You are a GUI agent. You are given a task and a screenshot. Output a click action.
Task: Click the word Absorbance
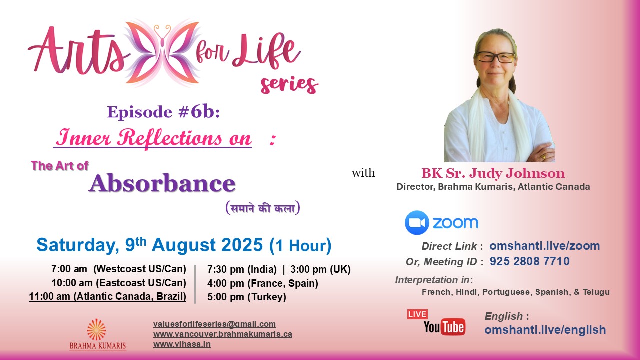pos(162,183)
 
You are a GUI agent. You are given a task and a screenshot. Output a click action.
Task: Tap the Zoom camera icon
pos(417,223)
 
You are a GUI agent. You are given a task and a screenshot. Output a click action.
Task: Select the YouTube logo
pos(444,327)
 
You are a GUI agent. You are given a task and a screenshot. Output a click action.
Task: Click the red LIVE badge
pos(417,314)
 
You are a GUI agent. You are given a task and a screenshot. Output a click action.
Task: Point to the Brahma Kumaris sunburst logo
pos(97,330)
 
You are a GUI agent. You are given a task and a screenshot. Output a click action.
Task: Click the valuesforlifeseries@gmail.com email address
pos(214,324)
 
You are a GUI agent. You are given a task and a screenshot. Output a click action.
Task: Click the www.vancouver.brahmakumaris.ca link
pos(222,334)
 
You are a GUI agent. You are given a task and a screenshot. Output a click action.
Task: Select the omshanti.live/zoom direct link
pos(544,246)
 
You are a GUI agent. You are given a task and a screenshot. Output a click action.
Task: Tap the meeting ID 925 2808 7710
pos(529,261)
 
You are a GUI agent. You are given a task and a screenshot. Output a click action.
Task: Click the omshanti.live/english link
pos(545,330)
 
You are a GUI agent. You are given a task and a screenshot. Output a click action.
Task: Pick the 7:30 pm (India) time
pos(242,269)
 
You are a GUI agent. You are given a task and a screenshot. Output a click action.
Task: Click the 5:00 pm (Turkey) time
pos(247,297)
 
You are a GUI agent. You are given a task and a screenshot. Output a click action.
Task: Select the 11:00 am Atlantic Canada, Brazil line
pos(107,296)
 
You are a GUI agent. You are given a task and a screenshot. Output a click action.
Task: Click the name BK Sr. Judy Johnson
pos(493,174)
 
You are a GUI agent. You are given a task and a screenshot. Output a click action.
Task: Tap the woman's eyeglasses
pos(495,57)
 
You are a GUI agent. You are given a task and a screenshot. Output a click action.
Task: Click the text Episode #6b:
pos(163,112)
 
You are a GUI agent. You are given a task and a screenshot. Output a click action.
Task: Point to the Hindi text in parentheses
pos(262,208)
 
